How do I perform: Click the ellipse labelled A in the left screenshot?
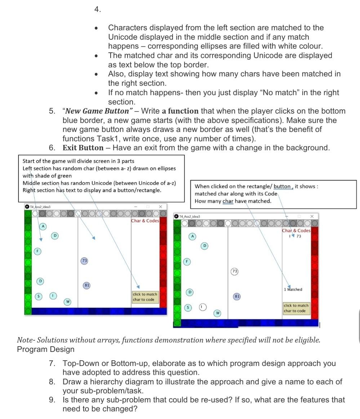click(43, 226)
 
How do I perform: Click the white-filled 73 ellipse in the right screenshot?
click(235, 271)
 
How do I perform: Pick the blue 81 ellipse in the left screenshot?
click(86, 285)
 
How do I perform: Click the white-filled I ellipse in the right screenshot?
click(203, 307)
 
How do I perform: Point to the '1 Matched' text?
click(293, 289)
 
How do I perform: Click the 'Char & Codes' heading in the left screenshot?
click(145, 221)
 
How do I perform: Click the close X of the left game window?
click(161, 207)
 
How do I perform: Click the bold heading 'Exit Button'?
click(83, 147)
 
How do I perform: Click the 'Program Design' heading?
click(45, 349)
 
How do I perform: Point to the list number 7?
click(53, 363)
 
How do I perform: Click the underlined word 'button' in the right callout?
click(282, 186)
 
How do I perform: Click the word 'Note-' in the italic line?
click(26, 340)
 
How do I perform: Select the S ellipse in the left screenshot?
click(38, 296)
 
